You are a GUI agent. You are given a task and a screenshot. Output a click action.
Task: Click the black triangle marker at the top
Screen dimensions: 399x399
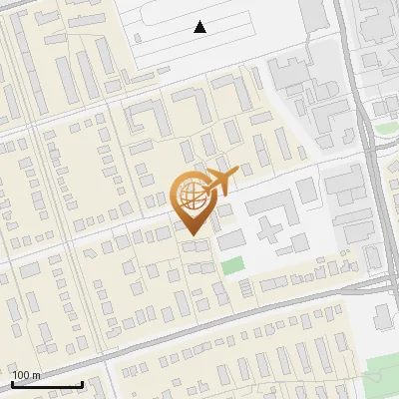click(200, 28)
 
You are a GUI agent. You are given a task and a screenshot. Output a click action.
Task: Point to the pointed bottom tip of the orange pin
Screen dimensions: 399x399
click(193, 235)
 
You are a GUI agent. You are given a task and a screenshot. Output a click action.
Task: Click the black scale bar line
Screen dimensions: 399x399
click(47, 385)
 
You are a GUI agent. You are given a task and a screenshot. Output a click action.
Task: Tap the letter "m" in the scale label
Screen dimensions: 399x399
click(36, 376)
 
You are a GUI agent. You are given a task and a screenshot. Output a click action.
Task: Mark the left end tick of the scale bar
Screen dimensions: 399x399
click(12, 384)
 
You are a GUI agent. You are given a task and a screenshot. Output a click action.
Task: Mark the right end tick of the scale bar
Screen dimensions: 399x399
click(82, 384)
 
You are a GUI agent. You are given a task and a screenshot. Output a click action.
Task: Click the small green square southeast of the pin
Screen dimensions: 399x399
click(231, 265)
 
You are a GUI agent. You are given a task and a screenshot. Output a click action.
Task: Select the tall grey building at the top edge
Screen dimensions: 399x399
click(312, 14)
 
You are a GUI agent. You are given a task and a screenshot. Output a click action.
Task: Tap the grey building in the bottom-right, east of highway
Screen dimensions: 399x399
click(384, 317)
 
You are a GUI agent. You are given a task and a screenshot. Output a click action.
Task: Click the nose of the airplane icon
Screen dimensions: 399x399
click(235, 177)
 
